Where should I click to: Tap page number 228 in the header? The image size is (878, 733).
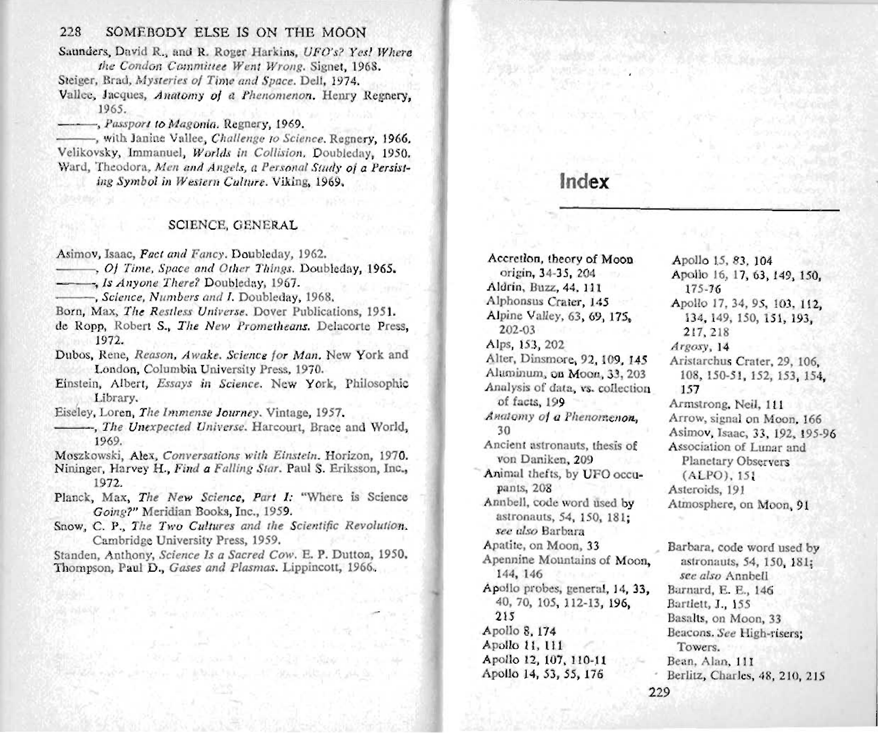pyautogui.click(x=70, y=32)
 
